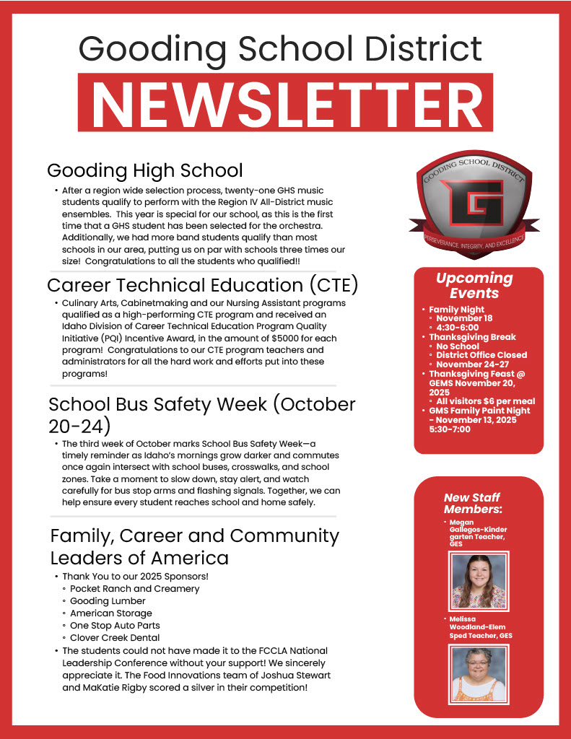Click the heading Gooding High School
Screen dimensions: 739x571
(144, 170)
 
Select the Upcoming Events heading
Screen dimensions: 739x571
(474, 285)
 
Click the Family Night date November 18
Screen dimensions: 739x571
(464, 318)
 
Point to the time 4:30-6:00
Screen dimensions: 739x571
(458, 328)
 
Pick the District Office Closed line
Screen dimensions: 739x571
(481, 355)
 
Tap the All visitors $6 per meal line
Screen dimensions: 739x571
(485, 401)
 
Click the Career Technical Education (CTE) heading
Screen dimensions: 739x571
(202, 285)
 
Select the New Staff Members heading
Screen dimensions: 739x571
(473, 503)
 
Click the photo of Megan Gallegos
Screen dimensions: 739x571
(479, 581)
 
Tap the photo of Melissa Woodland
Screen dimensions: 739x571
(479, 674)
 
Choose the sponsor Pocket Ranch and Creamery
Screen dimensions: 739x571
(134, 589)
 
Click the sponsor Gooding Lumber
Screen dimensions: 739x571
(108, 601)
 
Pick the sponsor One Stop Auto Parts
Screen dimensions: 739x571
(115, 626)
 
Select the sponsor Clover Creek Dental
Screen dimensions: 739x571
(115, 638)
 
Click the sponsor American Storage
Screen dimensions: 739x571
(110, 613)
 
